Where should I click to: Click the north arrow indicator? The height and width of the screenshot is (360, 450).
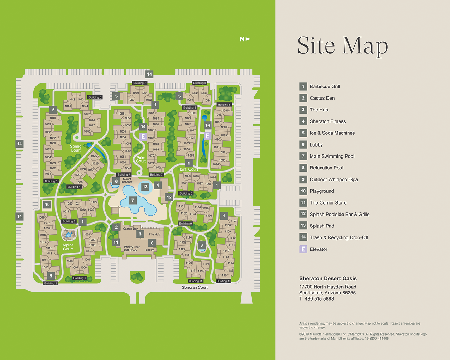(245, 39)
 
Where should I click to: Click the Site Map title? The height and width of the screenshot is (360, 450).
(343, 45)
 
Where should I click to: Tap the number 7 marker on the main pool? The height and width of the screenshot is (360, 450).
(133, 200)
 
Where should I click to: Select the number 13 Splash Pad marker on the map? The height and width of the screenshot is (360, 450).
(145, 187)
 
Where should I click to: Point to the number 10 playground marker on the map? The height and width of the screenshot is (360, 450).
(47, 205)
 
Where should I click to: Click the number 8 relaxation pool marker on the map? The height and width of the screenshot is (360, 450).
(202, 245)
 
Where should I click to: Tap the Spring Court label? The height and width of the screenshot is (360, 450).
(76, 148)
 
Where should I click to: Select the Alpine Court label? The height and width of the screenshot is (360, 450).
(68, 247)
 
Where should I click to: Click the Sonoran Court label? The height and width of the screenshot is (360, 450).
(195, 287)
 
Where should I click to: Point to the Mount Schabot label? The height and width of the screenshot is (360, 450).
(127, 181)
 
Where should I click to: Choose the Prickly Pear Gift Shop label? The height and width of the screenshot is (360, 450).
(131, 249)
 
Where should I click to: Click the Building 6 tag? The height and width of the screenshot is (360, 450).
(95, 97)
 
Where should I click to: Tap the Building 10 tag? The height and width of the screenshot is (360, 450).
(224, 281)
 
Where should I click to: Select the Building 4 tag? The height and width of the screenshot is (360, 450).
(74, 187)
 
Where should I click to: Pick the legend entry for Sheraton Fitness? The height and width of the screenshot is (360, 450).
(327, 121)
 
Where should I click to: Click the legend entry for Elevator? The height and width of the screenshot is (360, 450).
(318, 249)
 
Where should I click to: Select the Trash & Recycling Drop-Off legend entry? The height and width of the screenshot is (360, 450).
(339, 237)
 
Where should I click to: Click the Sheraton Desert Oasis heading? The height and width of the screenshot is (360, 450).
(328, 278)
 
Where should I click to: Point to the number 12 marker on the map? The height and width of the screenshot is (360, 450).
(169, 197)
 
